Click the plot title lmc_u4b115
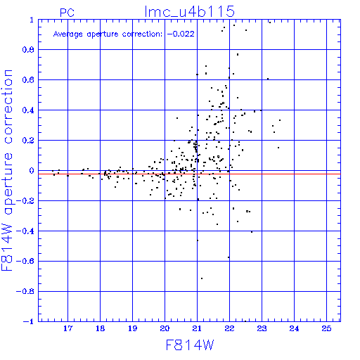[x=189, y=12]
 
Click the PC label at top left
[x=67, y=13]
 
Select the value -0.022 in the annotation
[x=181, y=34]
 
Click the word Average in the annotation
[x=67, y=34]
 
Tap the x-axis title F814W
[x=190, y=345]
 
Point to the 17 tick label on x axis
[x=67, y=328]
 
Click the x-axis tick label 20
[x=165, y=328]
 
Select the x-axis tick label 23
[x=262, y=328]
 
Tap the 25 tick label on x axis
[x=326, y=328]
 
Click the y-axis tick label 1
[x=32, y=20]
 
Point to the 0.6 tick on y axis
[x=28, y=80]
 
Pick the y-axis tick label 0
[x=32, y=171]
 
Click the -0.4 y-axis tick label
[x=25, y=231]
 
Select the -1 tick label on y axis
[x=29, y=321]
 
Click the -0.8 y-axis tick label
[x=25, y=292]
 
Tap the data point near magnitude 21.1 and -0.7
[x=202, y=278]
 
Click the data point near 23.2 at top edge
[x=270, y=22]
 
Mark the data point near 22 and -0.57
[x=229, y=257]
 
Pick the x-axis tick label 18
[x=100, y=328]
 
